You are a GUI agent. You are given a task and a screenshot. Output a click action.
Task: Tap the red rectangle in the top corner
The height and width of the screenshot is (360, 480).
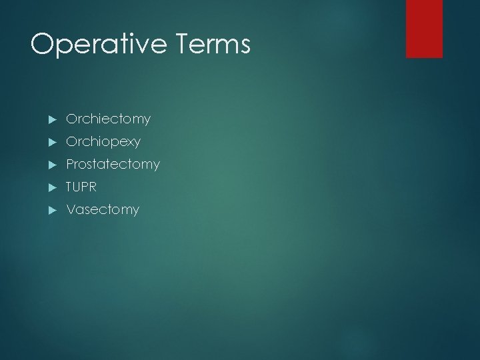424,28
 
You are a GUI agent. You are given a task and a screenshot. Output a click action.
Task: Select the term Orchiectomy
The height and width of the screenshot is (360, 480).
108,119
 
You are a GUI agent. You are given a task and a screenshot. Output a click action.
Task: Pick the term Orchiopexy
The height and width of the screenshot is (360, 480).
103,142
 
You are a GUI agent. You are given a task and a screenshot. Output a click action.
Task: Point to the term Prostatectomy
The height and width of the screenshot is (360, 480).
113,164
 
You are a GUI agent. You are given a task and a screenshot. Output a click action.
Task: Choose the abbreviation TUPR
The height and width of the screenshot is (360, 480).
81,187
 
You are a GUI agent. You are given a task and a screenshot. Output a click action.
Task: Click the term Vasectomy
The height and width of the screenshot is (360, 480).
103,210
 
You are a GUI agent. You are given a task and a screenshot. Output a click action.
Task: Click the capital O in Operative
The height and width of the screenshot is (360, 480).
43,44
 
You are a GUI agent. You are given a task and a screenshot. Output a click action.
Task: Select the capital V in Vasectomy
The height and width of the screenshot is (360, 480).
70,210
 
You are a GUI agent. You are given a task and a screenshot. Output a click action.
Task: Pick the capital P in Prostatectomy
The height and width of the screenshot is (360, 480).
70,164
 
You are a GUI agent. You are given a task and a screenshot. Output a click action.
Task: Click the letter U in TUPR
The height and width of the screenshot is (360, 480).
77,187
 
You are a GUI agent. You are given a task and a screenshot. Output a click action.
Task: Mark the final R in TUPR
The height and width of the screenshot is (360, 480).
93,187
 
